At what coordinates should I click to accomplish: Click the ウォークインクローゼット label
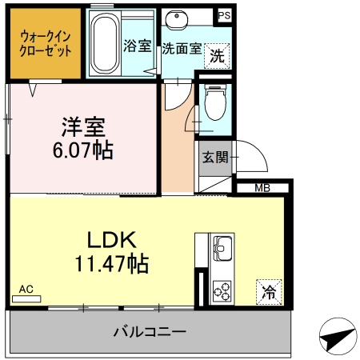coord(45,42)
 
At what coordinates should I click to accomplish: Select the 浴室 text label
coord(137,46)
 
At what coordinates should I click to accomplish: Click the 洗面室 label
coord(182,47)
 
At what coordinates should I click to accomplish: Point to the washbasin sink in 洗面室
coord(175,18)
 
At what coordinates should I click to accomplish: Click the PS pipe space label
coord(223,14)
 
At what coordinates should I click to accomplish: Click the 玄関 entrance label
coord(215,157)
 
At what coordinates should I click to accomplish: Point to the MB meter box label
coord(262,189)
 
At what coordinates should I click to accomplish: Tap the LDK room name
coord(112,238)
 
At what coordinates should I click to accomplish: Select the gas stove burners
coord(222,292)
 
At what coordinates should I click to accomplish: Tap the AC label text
coord(26,289)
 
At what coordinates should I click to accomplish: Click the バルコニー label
coord(150,331)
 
